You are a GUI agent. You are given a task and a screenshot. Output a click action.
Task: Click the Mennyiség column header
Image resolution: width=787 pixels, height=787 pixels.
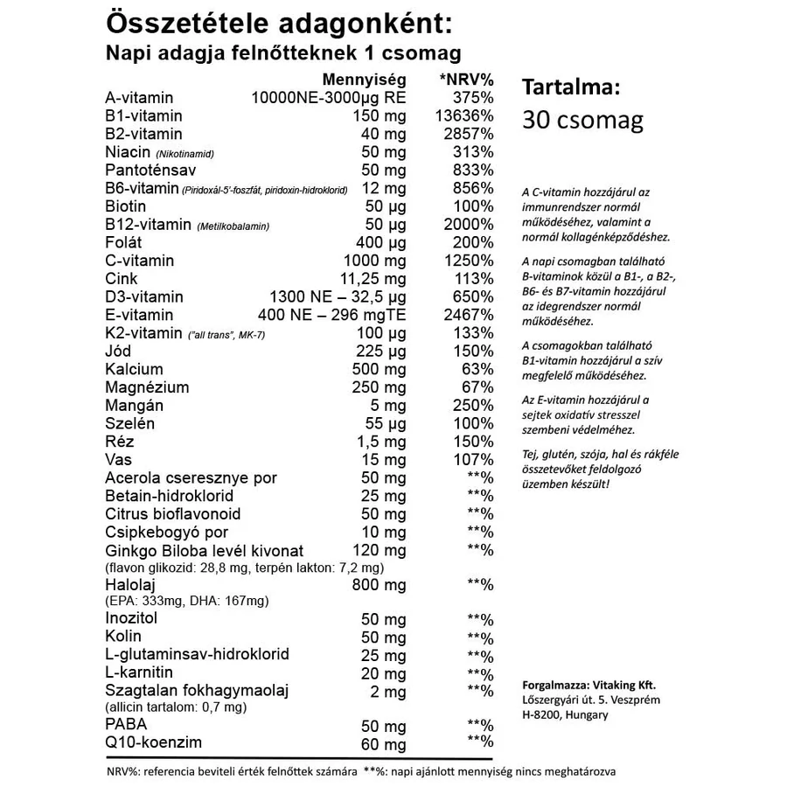[x=365, y=80]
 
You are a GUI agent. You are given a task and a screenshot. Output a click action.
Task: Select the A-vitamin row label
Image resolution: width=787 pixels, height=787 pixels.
[x=139, y=98]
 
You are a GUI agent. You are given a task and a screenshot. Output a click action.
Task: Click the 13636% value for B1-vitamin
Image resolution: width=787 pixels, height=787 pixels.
[x=464, y=116]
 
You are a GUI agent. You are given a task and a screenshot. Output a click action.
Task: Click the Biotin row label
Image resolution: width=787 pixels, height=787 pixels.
[x=128, y=206]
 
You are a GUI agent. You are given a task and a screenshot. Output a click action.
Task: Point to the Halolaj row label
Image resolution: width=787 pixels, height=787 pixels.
[x=129, y=583]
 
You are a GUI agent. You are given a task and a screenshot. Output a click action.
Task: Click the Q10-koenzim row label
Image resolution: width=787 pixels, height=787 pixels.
[x=153, y=743]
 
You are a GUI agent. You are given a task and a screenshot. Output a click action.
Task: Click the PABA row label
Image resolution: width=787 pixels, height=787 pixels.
[x=126, y=724]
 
